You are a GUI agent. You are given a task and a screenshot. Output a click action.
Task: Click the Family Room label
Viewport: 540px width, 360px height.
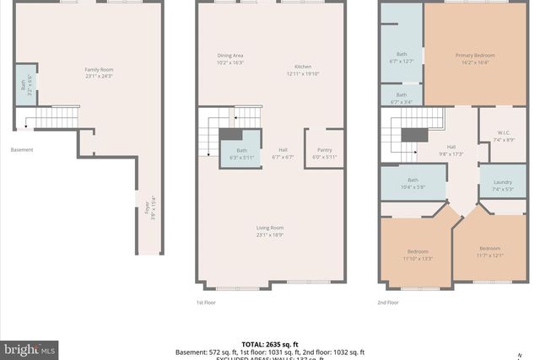coord(99,73)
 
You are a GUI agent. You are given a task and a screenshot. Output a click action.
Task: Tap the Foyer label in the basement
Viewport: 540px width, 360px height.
coord(151,207)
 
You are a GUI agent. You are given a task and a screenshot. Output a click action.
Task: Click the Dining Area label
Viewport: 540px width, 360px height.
coord(229,59)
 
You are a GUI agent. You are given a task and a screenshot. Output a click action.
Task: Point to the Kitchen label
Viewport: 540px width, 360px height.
coord(303,70)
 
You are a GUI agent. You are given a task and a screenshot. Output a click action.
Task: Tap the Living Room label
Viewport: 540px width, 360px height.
coord(270,231)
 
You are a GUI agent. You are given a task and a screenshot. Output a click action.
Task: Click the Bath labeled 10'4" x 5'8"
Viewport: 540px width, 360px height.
coord(413,182)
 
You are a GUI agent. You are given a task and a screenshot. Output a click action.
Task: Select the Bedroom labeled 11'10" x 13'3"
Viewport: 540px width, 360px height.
coord(418,255)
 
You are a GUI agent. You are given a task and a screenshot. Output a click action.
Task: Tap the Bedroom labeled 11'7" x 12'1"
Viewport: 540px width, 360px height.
coord(489,251)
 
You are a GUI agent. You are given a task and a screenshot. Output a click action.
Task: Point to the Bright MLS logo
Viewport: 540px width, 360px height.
coord(30,347)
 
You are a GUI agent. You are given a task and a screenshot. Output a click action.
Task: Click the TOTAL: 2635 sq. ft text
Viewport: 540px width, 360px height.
coord(269,344)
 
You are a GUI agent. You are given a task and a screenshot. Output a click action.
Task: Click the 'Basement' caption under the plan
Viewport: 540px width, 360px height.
coord(22,150)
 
